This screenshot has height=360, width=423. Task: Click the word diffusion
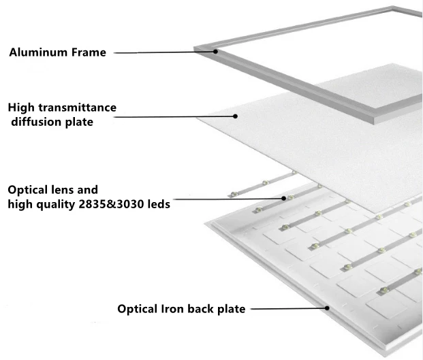pos(36,122)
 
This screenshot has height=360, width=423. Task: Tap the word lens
pos(71,189)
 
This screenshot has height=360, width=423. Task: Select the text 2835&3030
pos(114,203)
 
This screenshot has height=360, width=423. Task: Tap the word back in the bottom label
pos(203,308)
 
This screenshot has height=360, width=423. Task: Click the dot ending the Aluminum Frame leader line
pos(215,51)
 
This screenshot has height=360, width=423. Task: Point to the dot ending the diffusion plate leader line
pos(236,116)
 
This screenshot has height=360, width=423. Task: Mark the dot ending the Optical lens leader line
pos(284,198)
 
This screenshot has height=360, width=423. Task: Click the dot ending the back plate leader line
pos(328,308)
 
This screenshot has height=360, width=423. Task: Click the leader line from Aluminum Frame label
pos(163,52)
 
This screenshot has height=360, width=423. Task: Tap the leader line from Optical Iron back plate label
pos(286,308)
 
